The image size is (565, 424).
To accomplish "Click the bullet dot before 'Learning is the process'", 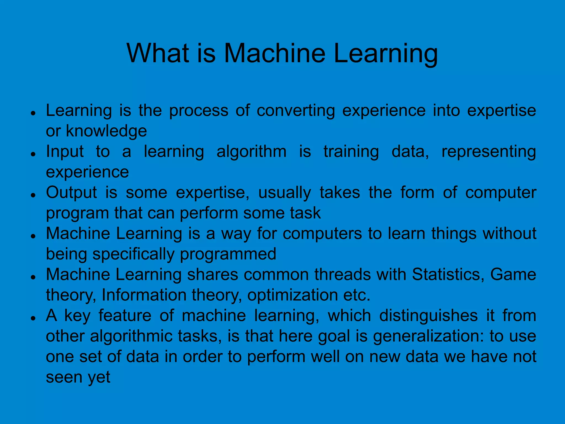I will click(33, 113).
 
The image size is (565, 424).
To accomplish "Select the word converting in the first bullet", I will click(295, 111).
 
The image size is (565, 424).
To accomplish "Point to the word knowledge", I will click(106, 131).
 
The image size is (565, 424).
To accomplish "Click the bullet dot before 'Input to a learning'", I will click(33, 154).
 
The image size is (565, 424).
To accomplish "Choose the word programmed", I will click(228, 254).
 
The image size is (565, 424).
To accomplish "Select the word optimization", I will click(292, 295).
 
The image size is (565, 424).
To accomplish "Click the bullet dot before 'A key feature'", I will click(33, 318).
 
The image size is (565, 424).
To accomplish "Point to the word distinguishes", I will click(428, 316).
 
